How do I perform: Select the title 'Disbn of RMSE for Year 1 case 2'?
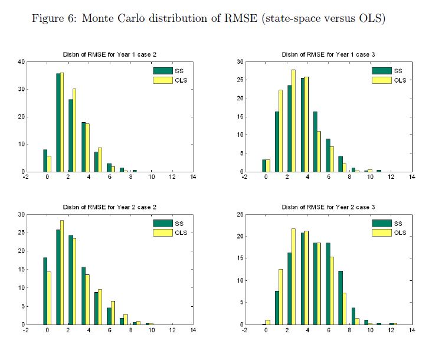(109, 55)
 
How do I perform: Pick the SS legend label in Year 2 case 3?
(398, 223)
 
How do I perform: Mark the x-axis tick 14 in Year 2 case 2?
(193, 331)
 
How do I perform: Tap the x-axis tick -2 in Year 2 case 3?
(244, 331)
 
